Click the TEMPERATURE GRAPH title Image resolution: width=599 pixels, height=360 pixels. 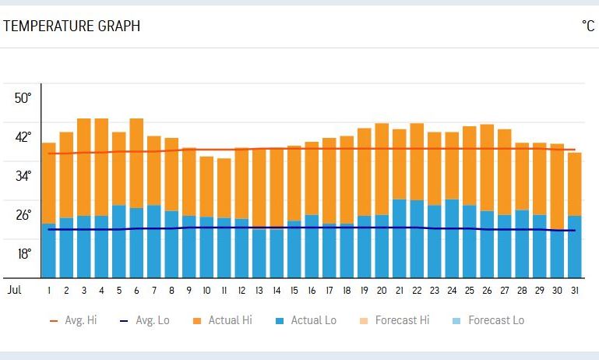pos(72,26)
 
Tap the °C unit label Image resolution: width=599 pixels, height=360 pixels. pos(588,26)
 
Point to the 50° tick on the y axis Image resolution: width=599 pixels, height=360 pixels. pos(23,98)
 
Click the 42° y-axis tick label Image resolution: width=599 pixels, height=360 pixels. pos(23,137)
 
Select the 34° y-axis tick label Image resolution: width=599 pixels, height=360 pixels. pos(23,176)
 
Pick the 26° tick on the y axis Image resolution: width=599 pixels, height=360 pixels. pos(23,215)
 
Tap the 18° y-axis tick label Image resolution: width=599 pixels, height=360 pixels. pos(23,254)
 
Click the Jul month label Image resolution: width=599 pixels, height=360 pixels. pos(14,290)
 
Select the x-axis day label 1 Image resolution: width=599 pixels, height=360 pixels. pos(49,290)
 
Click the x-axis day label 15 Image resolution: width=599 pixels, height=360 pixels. pos(294,290)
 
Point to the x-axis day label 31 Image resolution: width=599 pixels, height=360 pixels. pos(575,290)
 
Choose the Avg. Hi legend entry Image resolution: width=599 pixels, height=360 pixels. pos(76,320)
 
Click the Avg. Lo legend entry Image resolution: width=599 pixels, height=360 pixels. pos(146,320)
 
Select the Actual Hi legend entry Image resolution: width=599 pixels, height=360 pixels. pos(221,320)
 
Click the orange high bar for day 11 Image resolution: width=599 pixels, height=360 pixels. pos(224,187)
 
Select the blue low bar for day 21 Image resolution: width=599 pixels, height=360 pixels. pos(400,238)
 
